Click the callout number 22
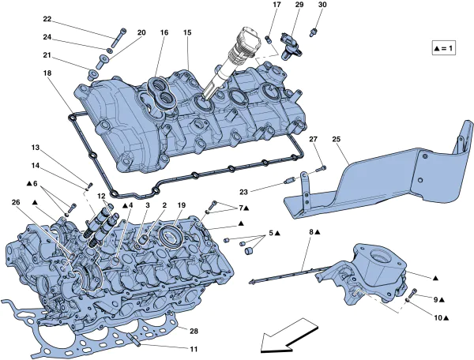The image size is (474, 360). (x=47, y=18)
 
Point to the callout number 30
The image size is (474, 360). (x=322, y=6)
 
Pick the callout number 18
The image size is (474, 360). (x=47, y=73)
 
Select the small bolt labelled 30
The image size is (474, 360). (x=314, y=32)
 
